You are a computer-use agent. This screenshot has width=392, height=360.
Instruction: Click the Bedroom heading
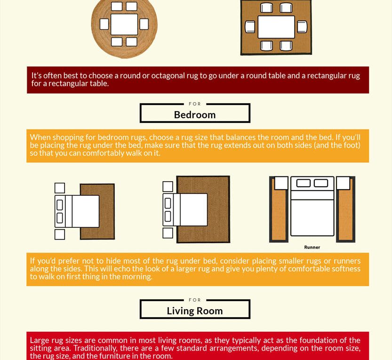coord(194,115)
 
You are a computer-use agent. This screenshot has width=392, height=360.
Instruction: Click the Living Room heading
coord(194,311)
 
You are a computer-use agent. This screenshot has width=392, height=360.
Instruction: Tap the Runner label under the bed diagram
coord(312,247)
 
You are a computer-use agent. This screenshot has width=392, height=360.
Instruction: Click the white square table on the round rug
coord(124,24)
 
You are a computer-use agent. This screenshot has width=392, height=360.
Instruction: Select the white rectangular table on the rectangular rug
coord(276,27)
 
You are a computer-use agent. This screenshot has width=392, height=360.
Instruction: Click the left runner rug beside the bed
coord(279,214)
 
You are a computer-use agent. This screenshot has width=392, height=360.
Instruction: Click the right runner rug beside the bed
coord(346,214)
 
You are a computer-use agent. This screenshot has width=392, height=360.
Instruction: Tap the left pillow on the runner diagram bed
coord(304,183)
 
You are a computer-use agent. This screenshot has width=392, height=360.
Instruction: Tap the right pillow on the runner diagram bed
coord(321,183)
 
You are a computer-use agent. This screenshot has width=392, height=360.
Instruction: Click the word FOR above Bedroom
coord(194,104)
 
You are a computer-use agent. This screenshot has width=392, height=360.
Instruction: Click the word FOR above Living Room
coord(194,300)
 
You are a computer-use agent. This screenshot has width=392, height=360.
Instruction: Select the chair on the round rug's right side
coord(144,24)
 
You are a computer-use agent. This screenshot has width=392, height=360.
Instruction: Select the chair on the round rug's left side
coord(104,24)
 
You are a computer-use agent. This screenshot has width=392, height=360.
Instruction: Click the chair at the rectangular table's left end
coord(250,27)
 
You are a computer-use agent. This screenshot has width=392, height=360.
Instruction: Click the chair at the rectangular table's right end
coord(302,27)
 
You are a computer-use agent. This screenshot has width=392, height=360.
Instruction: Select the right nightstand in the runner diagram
coord(343,183)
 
